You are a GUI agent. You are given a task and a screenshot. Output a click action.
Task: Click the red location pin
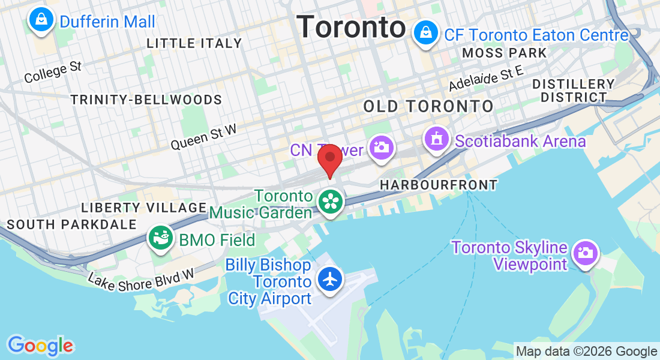329,159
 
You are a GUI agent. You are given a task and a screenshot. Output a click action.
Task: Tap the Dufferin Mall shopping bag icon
41,20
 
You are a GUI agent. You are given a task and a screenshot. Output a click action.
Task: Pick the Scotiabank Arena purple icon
436,139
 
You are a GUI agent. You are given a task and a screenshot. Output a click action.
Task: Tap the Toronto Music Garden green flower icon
330,202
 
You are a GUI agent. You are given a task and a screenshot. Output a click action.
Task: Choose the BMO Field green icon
161,239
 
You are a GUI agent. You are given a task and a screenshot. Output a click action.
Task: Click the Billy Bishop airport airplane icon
330,279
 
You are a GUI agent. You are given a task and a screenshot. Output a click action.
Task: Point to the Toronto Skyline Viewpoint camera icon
584,252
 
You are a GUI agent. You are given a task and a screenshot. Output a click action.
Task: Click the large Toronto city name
351,27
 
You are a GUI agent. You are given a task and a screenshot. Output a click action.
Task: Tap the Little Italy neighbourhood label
194,43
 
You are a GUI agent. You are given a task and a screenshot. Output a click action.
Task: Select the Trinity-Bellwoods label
146,100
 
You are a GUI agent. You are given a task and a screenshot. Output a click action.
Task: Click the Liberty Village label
144,208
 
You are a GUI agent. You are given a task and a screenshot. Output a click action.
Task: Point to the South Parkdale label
72,224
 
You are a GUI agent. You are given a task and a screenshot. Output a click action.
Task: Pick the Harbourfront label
439,185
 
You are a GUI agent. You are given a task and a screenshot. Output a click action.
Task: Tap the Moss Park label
505,53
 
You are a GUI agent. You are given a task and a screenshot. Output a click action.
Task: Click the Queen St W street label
203,137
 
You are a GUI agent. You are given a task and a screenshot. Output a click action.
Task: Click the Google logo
40,346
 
